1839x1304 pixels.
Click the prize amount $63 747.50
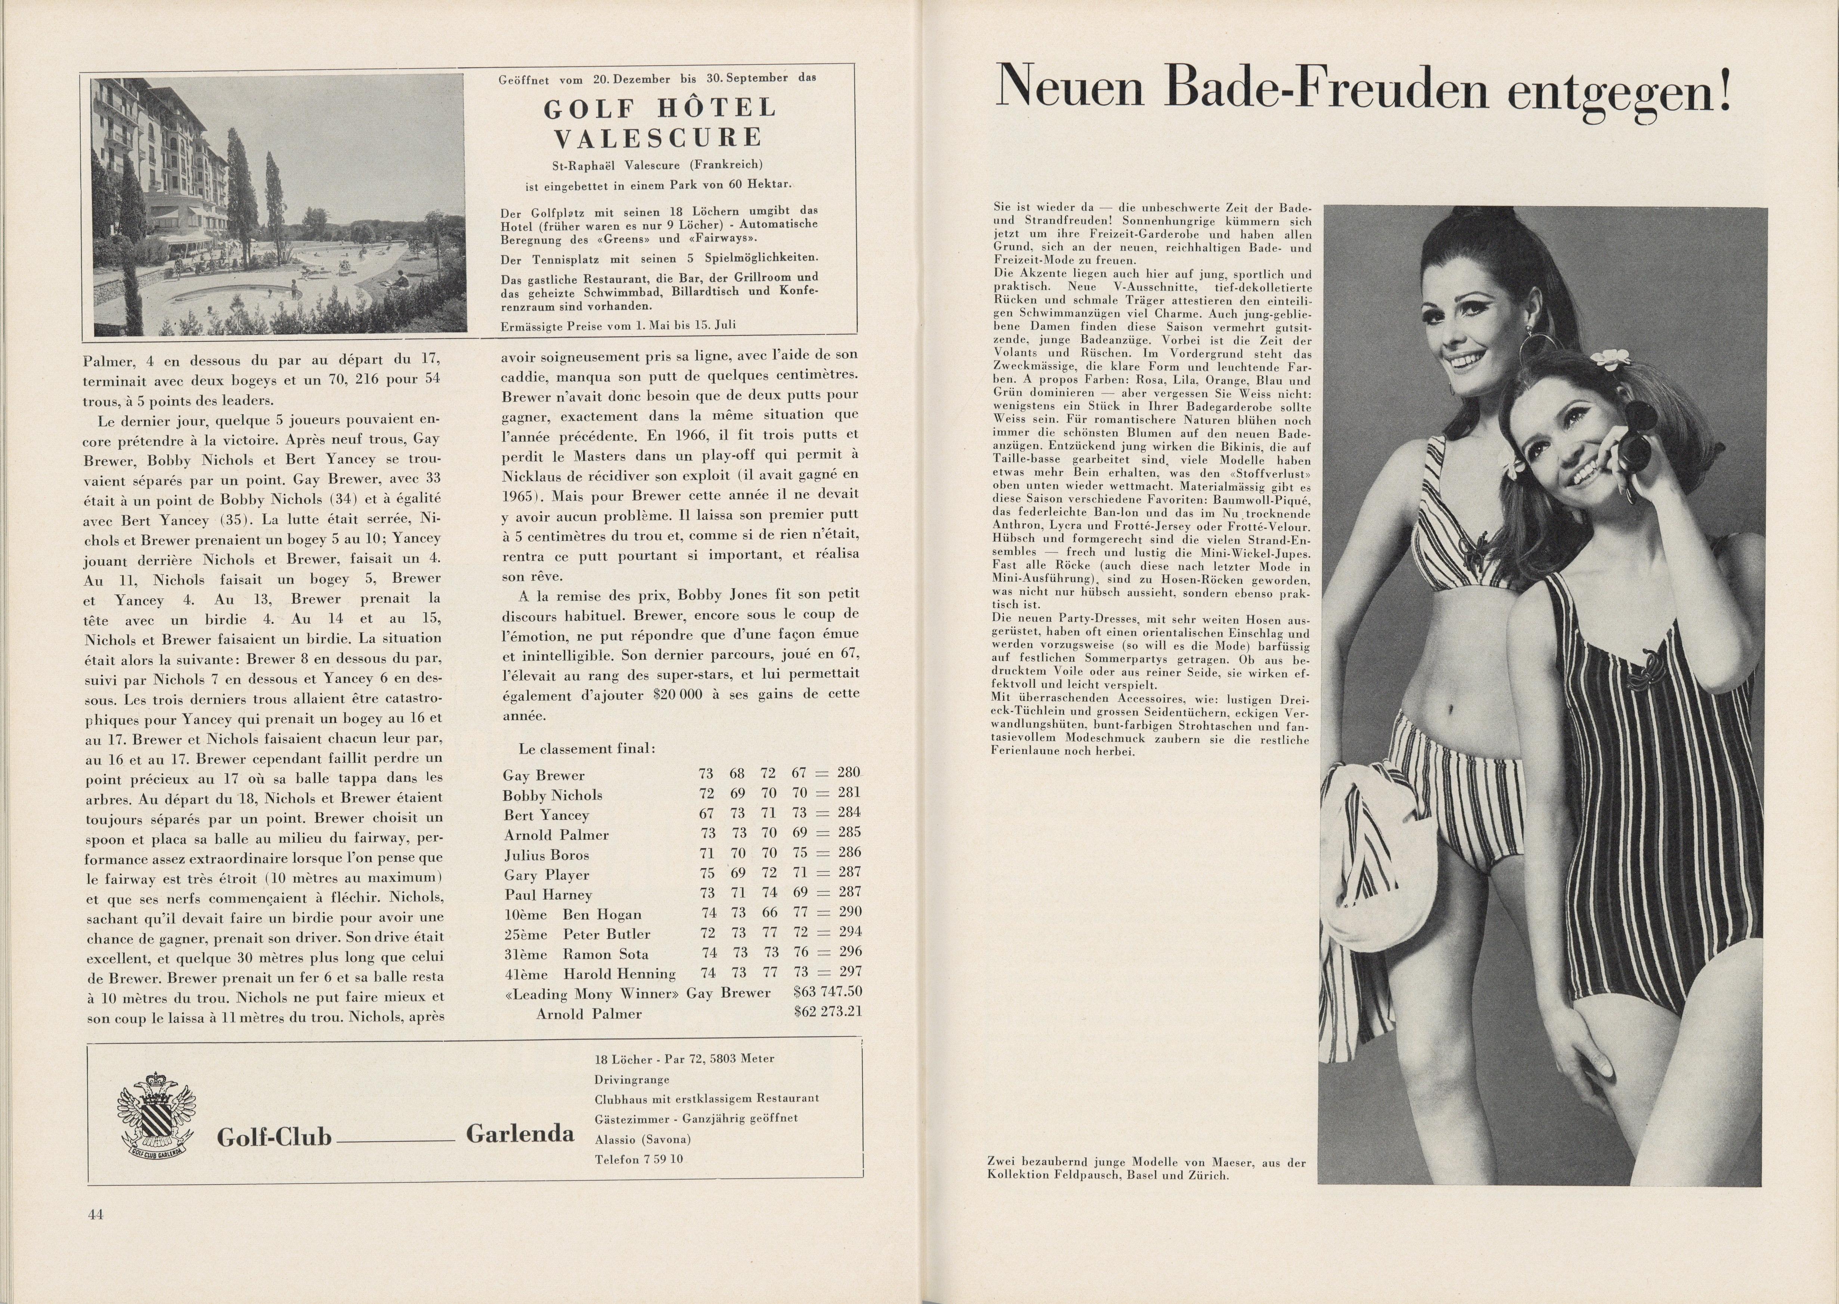tap(827, 992)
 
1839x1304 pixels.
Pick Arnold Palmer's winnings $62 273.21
tap(827, 1012)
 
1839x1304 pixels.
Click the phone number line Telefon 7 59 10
tap(639, 1159)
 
